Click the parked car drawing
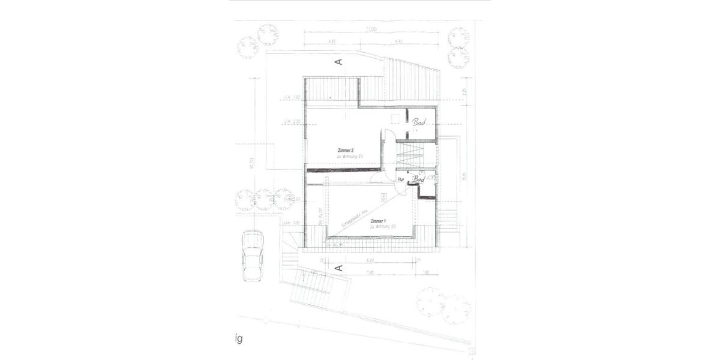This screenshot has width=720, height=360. pyautogui.click(x=252, y=255)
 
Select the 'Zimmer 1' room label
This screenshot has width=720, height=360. pyautogui.click(x=379, y=222)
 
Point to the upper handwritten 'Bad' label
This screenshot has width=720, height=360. pyautogui.click(x=419, y=122)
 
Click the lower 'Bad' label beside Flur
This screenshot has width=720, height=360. pyautogui.click(x=419, y=179)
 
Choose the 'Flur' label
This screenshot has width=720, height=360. pyautogui.click(x=401, y=179)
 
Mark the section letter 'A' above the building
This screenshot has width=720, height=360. pyautogui.click(x=338, y=61)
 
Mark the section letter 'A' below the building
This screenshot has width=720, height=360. pyautogui.click(x=338, y=268)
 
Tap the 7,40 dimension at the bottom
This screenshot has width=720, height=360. pyautogui.click(x=370, y=273)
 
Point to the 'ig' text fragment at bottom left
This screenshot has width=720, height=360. pyautogui.click(x=238, y=340)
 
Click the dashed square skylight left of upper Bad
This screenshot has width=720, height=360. pyautogui.click(x=395, y=118)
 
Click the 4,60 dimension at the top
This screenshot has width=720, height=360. pyautogui.click(x=332, y=41)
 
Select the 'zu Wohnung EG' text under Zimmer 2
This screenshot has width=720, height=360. pyautogui.click(x=350, y=156)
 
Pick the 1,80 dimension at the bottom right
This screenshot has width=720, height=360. pyautogui.click(x=425, y=273)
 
